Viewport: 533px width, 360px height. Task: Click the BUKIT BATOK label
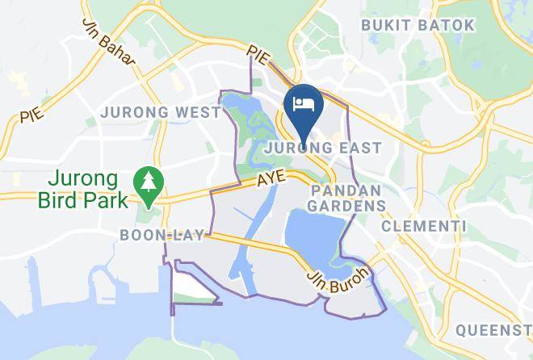(x=418, y=25)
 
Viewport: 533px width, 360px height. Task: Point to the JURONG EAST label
(x=328, y=149)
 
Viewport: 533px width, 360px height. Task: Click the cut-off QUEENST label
(x=493, y=330)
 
